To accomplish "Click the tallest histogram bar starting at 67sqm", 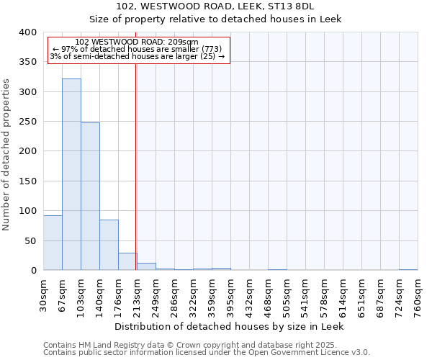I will tap(71, 174).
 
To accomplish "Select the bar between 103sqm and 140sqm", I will tap(90, 197).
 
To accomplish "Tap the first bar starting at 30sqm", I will tap(53, 243).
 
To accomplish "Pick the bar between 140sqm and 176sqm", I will tap(109, 245).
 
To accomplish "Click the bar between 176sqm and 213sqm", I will tap(127, 261).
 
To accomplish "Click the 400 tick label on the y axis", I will tap(27, 32).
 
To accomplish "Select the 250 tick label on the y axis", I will tap(27, 122).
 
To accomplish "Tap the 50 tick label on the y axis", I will tap(30, 240).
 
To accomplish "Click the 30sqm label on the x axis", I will tap(44, 293).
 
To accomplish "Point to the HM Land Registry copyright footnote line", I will tap(205, 345).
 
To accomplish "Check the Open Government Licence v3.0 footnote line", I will tap(207, 353).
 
